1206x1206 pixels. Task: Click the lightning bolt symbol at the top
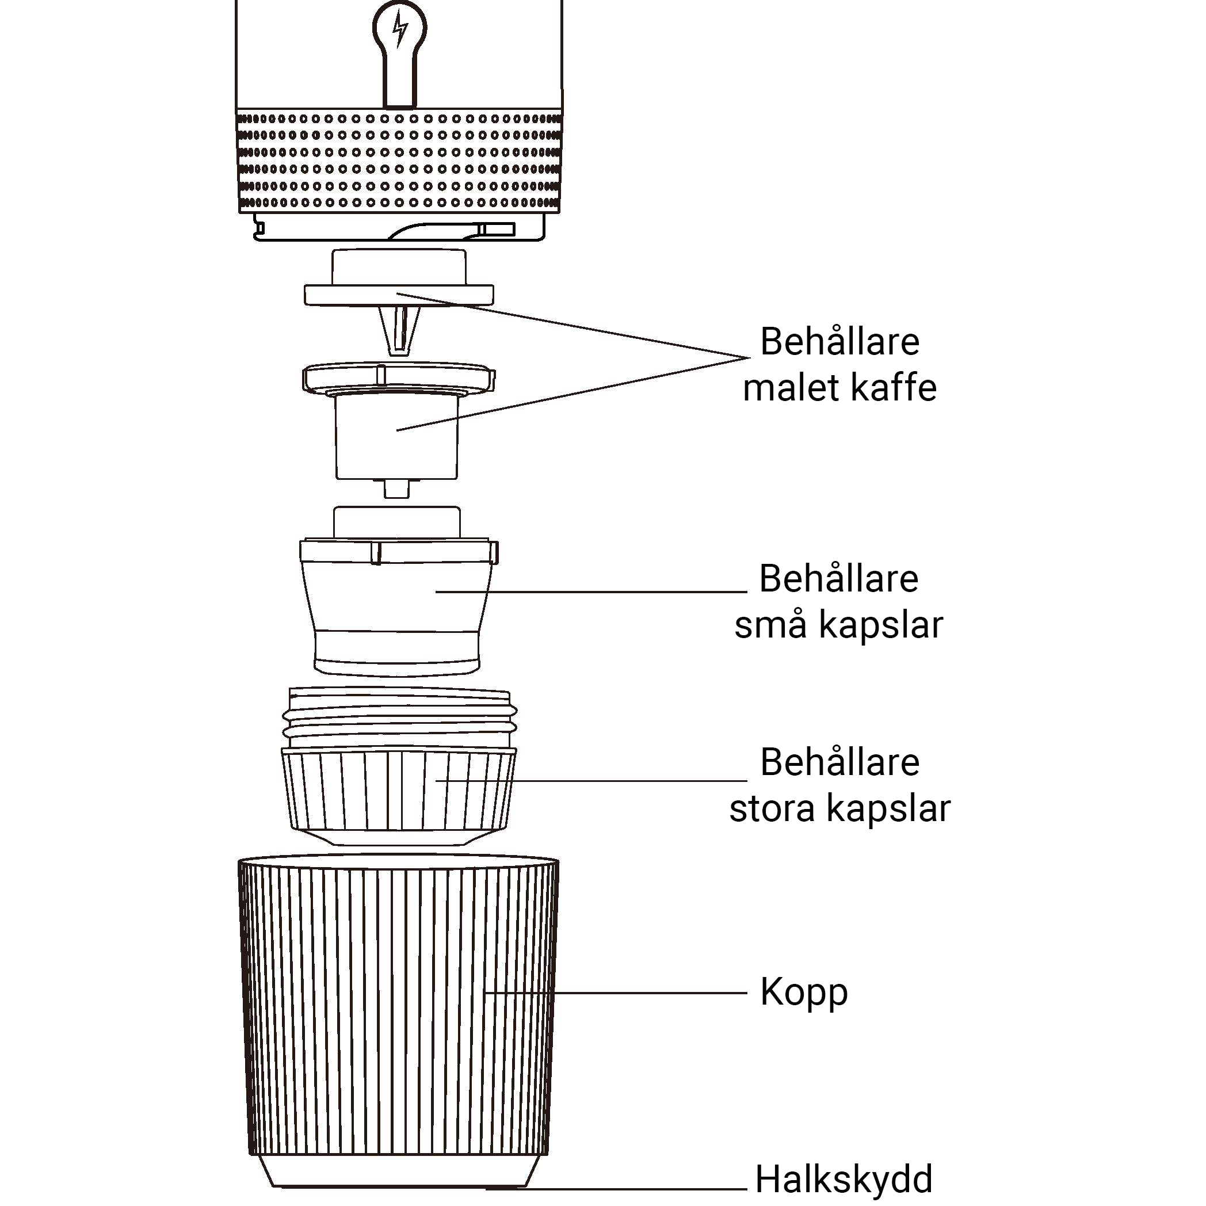coord(399,29)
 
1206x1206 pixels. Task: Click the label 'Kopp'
coord(804,993)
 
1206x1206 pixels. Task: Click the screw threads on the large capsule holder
coord(400,716)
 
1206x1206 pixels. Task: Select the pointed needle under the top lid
coord(399,330)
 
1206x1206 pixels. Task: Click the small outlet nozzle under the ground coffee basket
coord(397,488)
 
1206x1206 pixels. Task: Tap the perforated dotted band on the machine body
coord(399,161)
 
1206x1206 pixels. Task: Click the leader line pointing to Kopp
coord(616,993)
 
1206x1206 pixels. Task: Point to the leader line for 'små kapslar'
coord(591,591)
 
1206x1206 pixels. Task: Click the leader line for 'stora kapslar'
coord(591,780)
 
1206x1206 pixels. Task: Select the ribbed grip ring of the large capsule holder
coord(399,789)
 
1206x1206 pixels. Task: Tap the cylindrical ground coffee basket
coord(397,437)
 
